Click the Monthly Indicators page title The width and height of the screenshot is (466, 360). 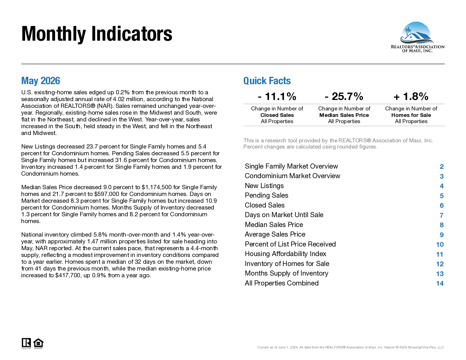point(97,34)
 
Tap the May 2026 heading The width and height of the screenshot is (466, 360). point(41,81)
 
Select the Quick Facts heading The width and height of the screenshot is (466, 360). point(267,81)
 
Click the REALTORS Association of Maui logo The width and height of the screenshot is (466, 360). point(417,37)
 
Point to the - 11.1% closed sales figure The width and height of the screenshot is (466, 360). point(277,96)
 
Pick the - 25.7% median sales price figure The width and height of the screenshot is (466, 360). point(344,96)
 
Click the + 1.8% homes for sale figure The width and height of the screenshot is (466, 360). point(411,96)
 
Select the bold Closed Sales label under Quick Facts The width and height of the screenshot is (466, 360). point(277,115)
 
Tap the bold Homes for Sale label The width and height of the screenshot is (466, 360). point(411,115)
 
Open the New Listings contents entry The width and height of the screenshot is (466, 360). point(264,186)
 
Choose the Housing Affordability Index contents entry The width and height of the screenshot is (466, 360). point(286,254)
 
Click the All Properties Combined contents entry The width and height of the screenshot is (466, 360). point(282,283)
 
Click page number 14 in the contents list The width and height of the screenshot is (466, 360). point(440,283)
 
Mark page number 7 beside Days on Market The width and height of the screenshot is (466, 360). point(441,215)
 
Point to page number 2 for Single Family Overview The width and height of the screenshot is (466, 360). point(441,167)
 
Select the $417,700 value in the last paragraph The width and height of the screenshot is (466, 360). point(68,276)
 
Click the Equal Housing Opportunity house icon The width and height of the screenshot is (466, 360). point(38,344)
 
